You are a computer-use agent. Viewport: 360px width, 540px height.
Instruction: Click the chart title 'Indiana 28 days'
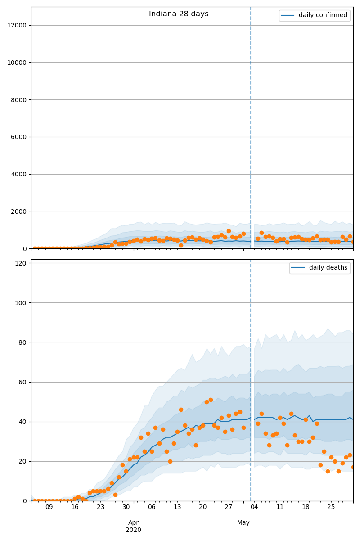(x=179, y=14)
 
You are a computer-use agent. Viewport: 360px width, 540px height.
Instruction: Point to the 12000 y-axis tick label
(x=17, y=25)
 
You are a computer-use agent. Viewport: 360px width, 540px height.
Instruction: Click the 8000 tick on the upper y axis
(x=18, y=100)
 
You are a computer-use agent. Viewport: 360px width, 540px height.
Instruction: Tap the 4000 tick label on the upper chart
(x=18, y=174)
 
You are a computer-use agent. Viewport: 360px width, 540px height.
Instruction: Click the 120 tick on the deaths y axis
(x=20, y=263)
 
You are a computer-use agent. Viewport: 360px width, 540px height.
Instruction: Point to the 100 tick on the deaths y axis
(x=20, y=303)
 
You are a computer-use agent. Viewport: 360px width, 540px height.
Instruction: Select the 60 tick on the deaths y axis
(x=22, y=382)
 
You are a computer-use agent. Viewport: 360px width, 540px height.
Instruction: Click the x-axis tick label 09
(x=49, y=507)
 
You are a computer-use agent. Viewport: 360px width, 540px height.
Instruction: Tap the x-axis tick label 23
(x=100, y=507)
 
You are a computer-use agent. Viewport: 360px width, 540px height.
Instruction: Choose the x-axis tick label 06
(x=152, y=507)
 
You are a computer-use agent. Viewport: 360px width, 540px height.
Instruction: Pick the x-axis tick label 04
(x=254, y=507)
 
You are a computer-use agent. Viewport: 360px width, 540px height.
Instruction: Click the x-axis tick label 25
(x=331, y=507)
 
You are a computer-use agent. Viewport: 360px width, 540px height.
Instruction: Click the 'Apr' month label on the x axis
(x=134, y=522)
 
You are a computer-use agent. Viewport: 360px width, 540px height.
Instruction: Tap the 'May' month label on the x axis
(x=243, y=522)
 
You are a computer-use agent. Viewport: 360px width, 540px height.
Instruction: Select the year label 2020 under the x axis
(x=134, y=530)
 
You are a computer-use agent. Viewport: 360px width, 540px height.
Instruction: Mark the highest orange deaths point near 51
(x=211, y=400)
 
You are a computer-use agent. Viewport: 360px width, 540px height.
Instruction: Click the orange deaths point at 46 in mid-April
(x=181, y=409)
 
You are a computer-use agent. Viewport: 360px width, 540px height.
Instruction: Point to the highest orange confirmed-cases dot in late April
(x=229, y=231)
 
